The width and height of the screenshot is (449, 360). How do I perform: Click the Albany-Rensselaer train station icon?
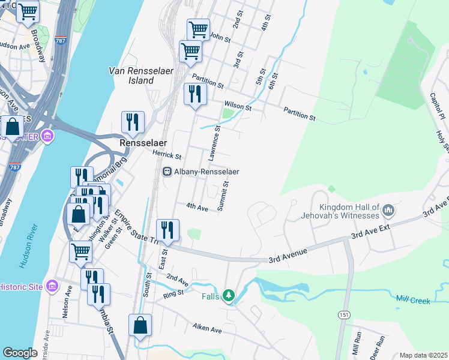[x=167, y=172]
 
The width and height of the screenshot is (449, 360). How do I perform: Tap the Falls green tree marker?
[x=228, y=295]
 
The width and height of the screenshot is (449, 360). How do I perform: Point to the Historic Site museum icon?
[x=50, y=286]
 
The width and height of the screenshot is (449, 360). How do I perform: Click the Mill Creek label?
[x=413, y=299]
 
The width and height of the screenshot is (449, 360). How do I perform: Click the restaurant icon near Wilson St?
[x=194, y=94]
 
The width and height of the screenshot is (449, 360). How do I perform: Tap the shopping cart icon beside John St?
[x=197, y=29]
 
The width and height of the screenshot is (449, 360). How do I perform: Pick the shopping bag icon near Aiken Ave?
[x=139, y=326]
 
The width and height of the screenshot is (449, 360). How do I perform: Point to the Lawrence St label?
[x=214, y=143]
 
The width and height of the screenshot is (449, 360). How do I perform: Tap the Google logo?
[x=20, y=353]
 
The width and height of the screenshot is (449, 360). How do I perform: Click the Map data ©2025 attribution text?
[x=423, y=355]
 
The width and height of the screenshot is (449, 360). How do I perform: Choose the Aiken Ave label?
[x=207, y=329]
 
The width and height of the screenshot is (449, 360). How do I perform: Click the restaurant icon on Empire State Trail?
[x=167, y=230]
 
